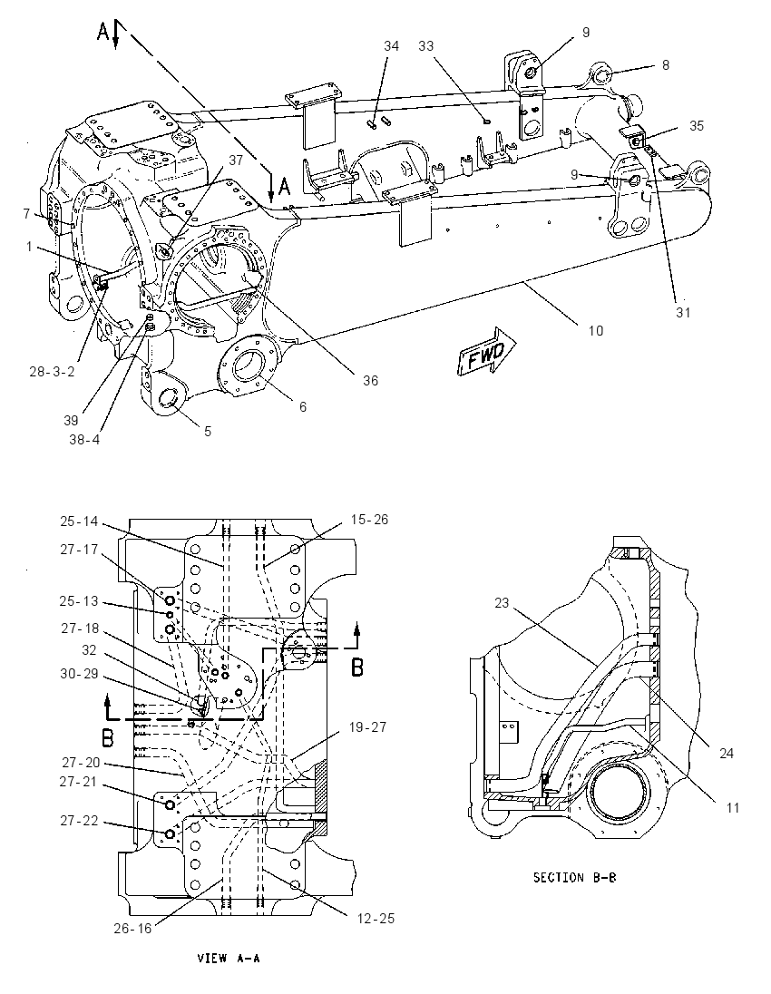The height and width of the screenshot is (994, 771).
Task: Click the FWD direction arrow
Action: tap(487, 351)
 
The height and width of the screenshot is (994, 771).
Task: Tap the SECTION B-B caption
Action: tap(575, 877)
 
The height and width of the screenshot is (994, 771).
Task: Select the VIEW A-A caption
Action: tap(229, 958)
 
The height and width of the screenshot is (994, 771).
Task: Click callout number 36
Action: tap(370, 380)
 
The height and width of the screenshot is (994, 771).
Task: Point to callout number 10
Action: tap(595, 330)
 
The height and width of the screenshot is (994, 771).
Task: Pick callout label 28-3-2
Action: tap(52, 372)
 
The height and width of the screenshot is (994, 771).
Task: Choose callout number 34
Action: tap(391, 45)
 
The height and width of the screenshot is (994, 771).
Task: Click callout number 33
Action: tap(425, 45)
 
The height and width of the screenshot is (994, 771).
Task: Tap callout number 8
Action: tap(665, 64)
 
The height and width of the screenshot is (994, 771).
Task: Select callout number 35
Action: tap(697, 125)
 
